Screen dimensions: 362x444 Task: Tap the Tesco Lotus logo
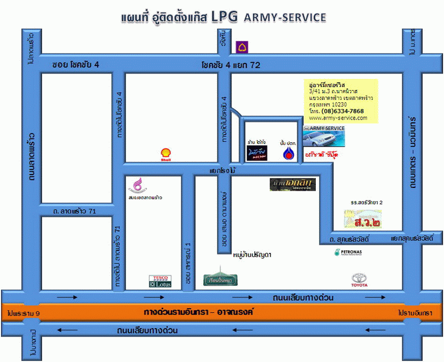(160, 281)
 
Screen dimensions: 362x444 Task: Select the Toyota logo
(360, 280)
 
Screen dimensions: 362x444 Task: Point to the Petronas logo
(348, 252)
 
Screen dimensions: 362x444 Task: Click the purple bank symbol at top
(241, 47)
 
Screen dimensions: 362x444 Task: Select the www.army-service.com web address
(338, 118)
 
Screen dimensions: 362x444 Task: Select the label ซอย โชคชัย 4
(75, 65)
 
